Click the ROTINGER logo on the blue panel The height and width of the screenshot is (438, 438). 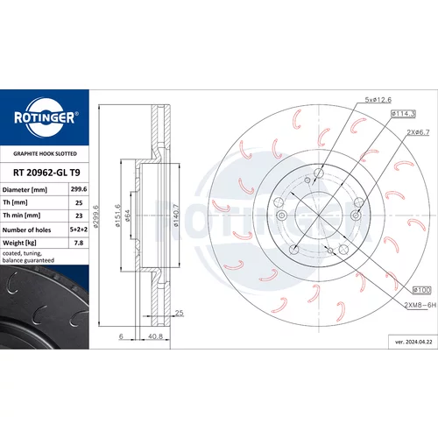pos(46,117)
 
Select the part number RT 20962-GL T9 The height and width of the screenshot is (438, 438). pos(46,173)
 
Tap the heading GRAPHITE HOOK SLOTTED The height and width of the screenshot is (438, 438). pos(45,153)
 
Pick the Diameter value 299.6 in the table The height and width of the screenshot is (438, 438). pos(79,189)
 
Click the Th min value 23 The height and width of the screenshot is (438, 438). pos(79,215)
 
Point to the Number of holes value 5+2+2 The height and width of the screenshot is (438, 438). pos(79,230)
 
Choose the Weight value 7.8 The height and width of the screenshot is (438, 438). pos(79,243)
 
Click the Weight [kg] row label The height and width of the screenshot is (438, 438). pos(19,243)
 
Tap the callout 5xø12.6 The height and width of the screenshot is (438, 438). pos(378,100)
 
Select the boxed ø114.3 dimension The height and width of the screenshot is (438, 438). pos(403,114)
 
